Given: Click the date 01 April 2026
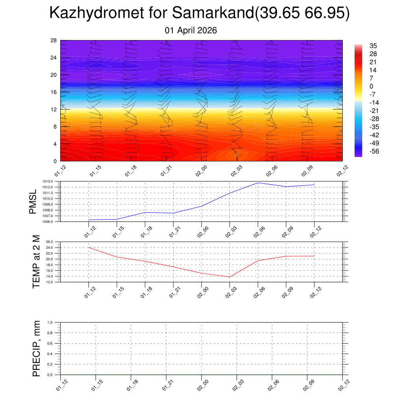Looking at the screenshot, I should [x=191, y=30].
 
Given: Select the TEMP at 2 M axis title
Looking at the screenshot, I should [x=36, y=262].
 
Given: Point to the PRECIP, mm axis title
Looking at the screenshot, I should [x=36, y=348].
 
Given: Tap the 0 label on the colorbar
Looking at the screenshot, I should [x=372, y=86].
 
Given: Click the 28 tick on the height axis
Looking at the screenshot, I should [x=54, y=41].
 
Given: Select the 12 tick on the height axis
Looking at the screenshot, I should [x=54, y=109].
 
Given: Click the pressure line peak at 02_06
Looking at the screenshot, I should [x=258, y=183].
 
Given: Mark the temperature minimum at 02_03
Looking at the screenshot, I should [x=229, y=277].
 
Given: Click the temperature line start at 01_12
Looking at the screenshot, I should [x=89, y=248].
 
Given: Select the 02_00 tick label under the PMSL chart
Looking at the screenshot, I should [x=202, y=232].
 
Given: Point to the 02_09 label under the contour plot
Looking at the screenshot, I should [x=307, y=172].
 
